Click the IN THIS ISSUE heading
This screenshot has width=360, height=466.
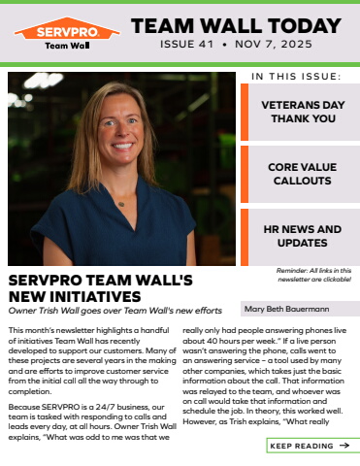point(296,75)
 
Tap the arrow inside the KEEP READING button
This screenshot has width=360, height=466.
point(344,446)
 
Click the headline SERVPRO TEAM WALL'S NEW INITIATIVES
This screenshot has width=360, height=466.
point(102,288)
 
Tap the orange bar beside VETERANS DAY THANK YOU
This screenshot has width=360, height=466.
point(245,112)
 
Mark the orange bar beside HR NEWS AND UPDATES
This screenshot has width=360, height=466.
point(245,236)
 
